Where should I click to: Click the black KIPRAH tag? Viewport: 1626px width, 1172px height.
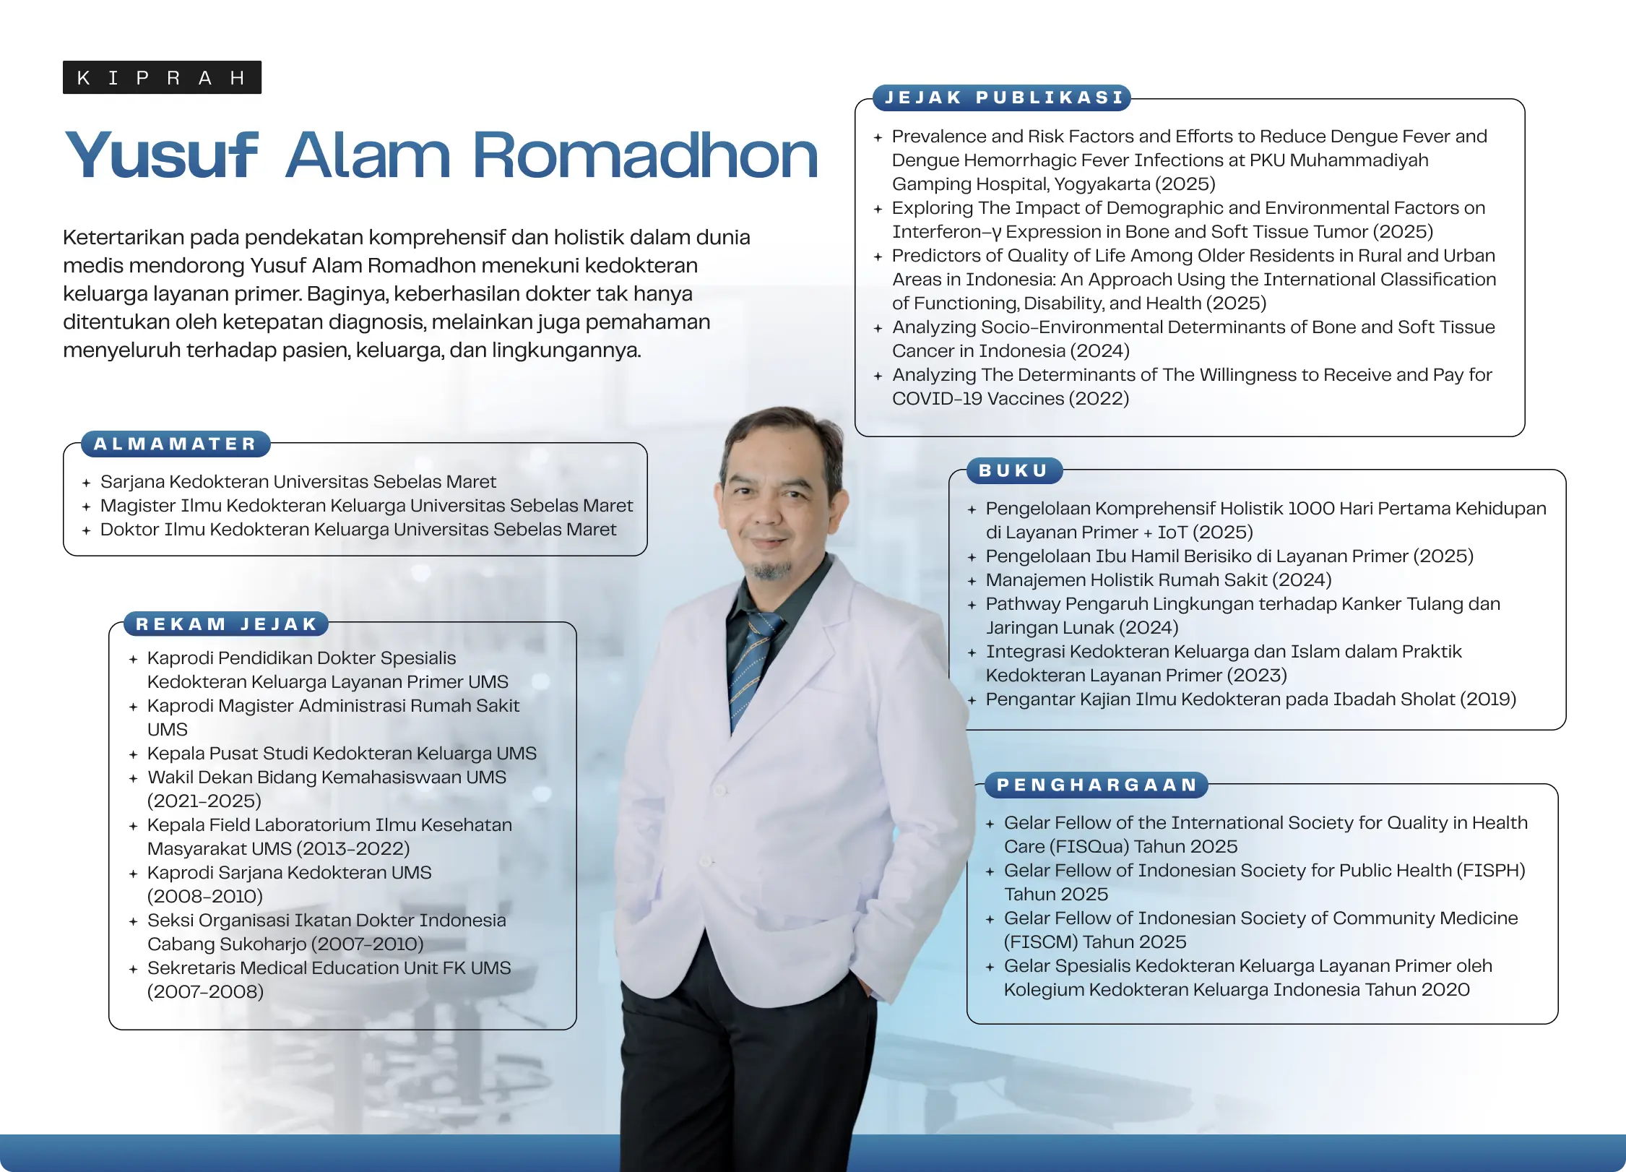(162, 77)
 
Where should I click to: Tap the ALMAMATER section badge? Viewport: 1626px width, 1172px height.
(176, 444)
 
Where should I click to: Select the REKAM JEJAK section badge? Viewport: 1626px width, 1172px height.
(226, 624)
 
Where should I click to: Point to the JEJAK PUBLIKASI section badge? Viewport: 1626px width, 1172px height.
(1003, 98)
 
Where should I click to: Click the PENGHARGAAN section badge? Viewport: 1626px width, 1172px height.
(1097, 785)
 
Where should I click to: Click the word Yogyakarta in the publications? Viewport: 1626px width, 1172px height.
(1102, 184)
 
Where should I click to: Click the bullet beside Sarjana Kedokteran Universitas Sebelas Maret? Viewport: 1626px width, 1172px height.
(86, 483)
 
